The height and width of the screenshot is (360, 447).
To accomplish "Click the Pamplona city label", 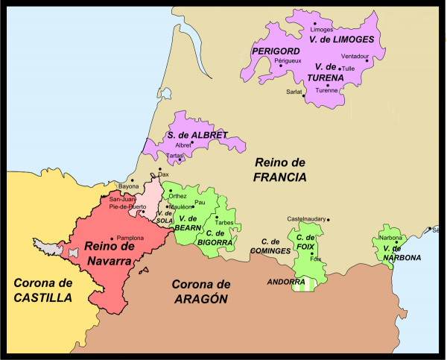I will (131, 238).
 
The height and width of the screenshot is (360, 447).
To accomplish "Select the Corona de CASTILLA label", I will (42, 290).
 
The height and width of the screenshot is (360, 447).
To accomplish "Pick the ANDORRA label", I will (285, 282).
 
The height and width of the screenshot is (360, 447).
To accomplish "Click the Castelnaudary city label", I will (306, 218).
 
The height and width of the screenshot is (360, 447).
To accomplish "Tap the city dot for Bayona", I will (132, 180).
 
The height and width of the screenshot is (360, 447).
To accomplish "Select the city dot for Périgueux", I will (281, 66).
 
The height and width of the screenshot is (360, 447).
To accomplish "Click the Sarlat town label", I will (294, 92).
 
